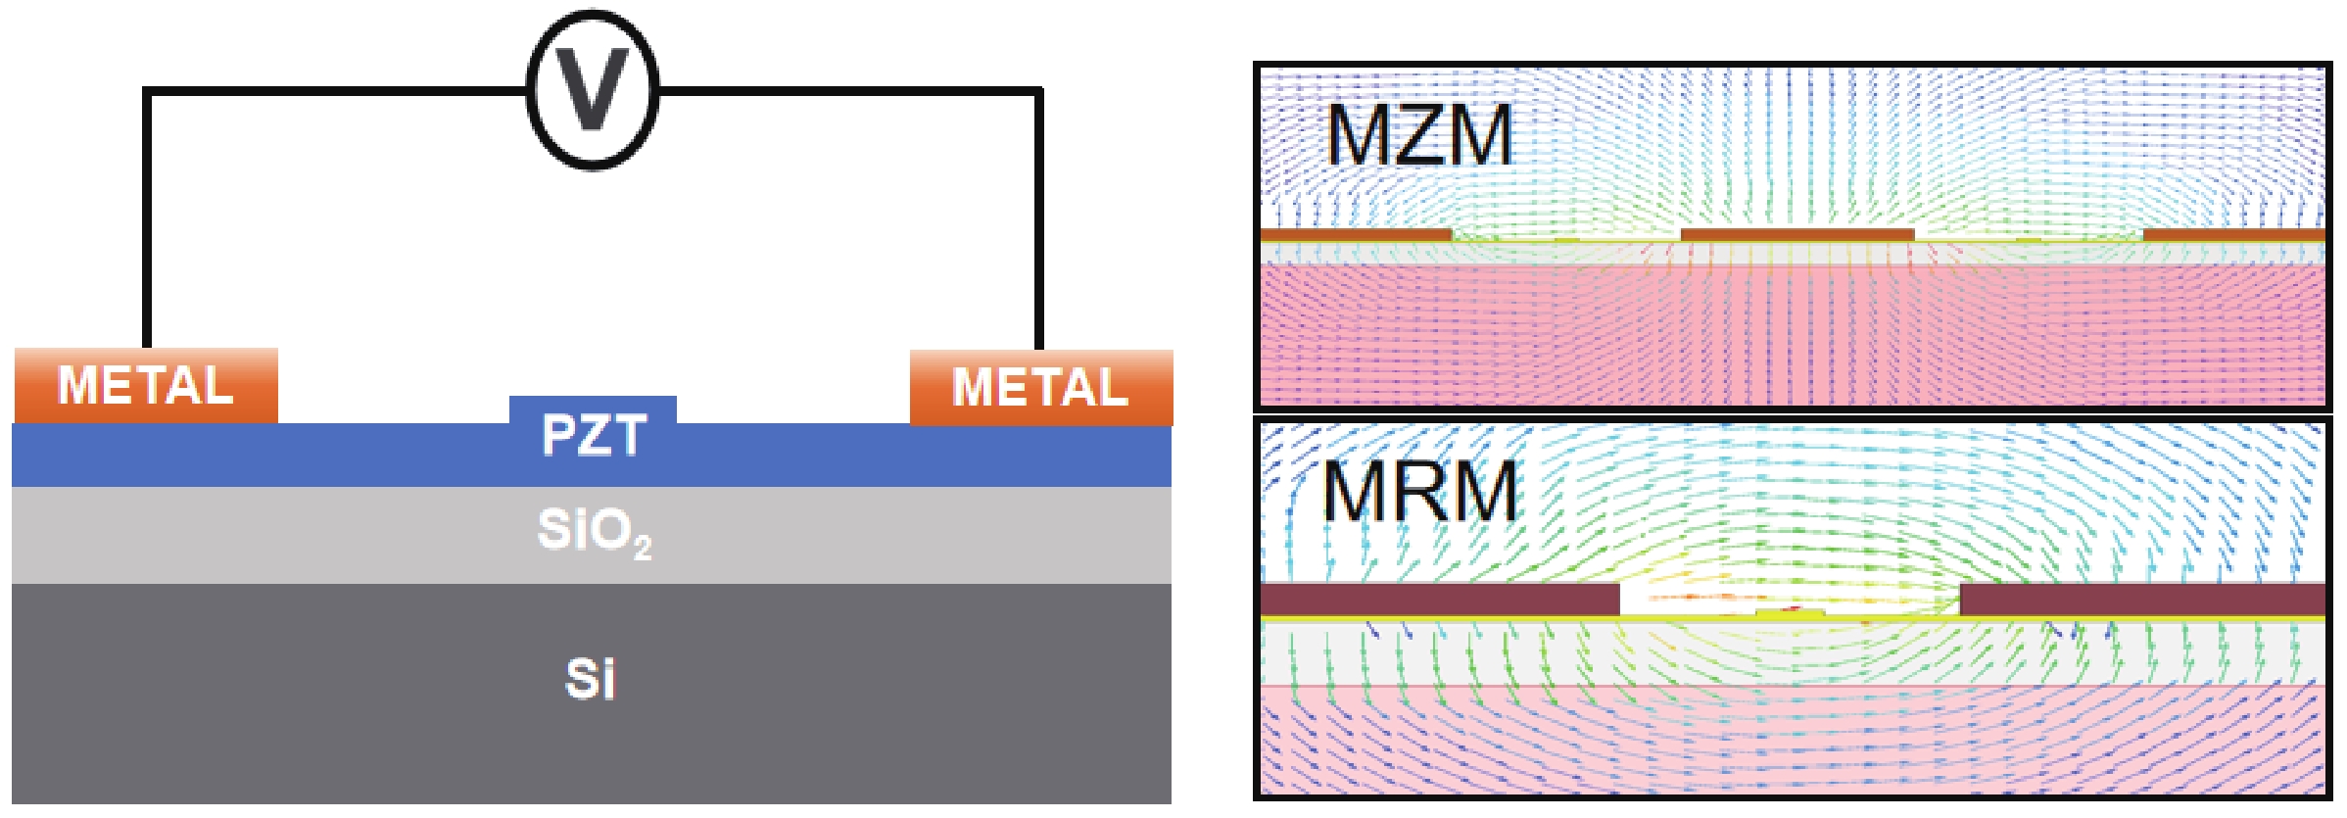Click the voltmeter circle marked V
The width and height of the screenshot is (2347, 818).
(593, 90)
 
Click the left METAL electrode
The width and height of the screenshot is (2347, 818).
(146, 385)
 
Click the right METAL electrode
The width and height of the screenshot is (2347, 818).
(1041, 387)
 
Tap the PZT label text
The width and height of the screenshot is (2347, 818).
(594, 436)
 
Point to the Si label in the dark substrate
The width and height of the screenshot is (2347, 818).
(591, 679)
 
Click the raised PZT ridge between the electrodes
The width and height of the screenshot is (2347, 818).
(593, 409)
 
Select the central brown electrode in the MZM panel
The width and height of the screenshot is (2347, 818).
(1796, 235)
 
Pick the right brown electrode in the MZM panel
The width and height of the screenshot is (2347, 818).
(2233, 235)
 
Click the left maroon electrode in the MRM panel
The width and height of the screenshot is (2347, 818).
(1439, 600)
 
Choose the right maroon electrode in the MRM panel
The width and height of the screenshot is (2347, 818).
(2141, 600)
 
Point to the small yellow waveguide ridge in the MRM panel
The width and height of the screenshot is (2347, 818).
(1790, 613)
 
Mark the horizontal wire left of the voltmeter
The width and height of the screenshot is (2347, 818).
(333, 91)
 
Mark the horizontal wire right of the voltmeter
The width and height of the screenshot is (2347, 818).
(847, 91)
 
